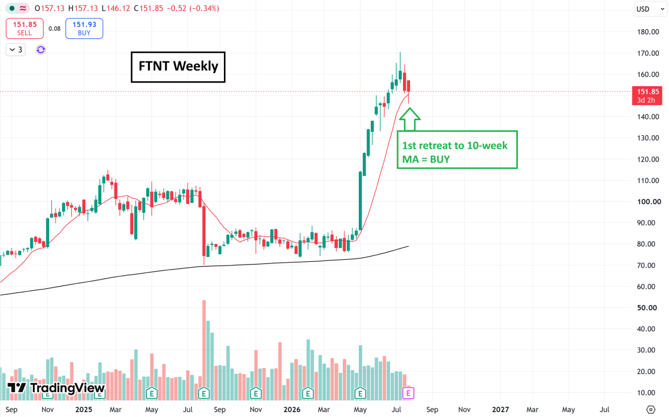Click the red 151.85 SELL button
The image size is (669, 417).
point(25,29)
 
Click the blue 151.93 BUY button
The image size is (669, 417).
point(84,29)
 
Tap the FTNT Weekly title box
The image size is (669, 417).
point(178,67)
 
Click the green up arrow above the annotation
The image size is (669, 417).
point(409,119)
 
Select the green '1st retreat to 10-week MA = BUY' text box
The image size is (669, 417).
point(457,150)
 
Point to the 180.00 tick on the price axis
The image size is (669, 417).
point(648,32)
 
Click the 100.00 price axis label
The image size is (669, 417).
point(648,201)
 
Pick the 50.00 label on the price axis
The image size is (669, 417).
point(647,308)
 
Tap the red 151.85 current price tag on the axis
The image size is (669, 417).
point(647,95)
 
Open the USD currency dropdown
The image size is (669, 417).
point(650,9)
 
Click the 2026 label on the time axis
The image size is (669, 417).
point(291,409)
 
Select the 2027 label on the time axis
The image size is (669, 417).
point(500,409)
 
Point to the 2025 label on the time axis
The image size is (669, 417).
point(84,409)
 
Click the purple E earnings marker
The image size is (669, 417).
point(408,393)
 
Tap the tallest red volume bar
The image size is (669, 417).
point(204,350)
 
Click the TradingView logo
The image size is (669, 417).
point(56,388)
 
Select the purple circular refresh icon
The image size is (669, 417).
point(40,50)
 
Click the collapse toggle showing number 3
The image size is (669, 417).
point(16,50)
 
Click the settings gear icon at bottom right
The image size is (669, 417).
point(651,409)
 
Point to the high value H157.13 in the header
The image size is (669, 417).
point(83,9)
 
